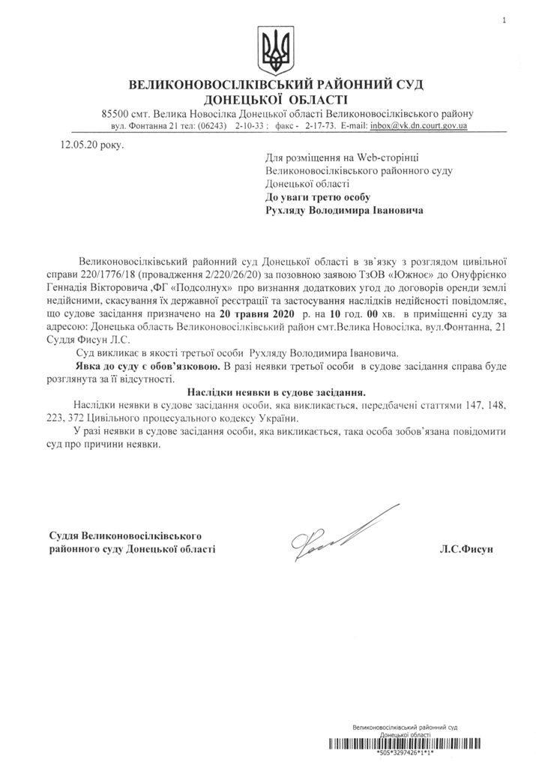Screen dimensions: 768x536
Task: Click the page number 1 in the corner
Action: pos(506,19)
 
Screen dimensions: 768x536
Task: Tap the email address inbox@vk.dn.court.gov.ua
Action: pos(419,126)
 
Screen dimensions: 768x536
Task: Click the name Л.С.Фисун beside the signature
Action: pos(467,550)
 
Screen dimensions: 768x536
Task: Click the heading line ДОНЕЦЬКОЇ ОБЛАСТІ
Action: pos(273,98)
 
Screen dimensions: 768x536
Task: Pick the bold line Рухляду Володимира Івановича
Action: pos(344,211)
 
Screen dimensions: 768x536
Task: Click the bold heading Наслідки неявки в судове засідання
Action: pos(277,391)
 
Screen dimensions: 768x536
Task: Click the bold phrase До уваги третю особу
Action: pos(319,197)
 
